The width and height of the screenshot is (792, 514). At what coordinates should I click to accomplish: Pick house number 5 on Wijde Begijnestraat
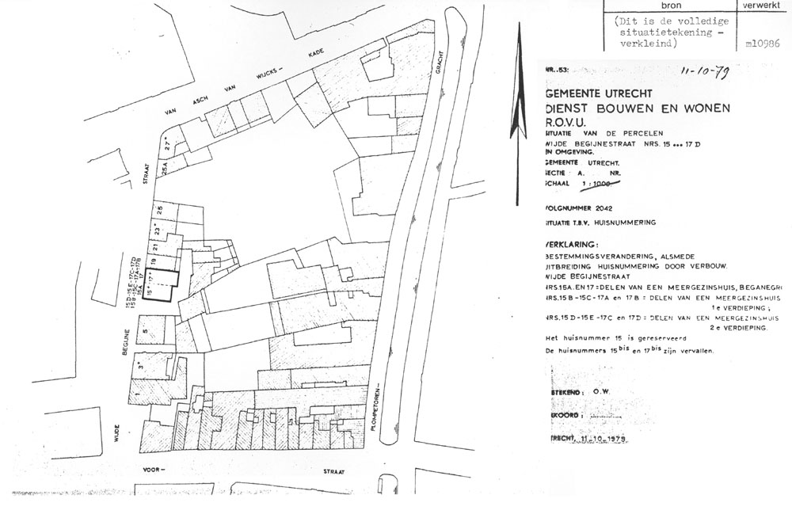145,326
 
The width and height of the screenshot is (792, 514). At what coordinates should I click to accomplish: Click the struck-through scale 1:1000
602,184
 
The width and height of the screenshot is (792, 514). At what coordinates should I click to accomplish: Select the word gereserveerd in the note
658,337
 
